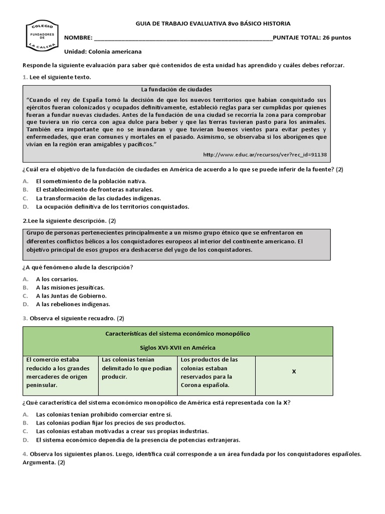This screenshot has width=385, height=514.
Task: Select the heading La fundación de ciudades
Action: pyautogui.click(x=177, y=90)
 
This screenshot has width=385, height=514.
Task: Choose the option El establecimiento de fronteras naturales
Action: pyautogui.click(x=94, y=189)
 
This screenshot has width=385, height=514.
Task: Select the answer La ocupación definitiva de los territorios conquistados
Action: pyautogui.click(x=112, y=206)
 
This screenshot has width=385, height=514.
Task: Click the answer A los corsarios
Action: pyautogui.click(x=57, y=279)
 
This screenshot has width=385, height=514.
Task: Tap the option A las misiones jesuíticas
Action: pyautogui.click(x=70, y=288)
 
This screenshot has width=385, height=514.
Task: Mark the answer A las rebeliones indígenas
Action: pyautogui.click(x=73, y=304)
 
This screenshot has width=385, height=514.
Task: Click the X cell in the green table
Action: pyautogui.click(x=294, y=371)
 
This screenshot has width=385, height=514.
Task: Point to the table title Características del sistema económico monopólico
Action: pyautogui.click(x=177, y=333)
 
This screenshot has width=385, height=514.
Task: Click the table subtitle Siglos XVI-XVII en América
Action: pyautogui.click(x=177, y=347)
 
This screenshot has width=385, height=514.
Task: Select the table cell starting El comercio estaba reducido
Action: pyautogui.click(x=60, y=372)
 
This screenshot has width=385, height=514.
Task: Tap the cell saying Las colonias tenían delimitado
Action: pyautogui.click(x=137, y=368)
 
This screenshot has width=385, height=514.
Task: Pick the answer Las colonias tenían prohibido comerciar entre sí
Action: pyautogui.click(x=104, y=415)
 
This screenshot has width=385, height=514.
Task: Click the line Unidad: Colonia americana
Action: pyautogui.click(x=103, y=52)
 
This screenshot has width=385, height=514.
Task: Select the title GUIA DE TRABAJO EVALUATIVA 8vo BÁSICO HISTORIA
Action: pyautogui.click(x=213, y=24)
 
